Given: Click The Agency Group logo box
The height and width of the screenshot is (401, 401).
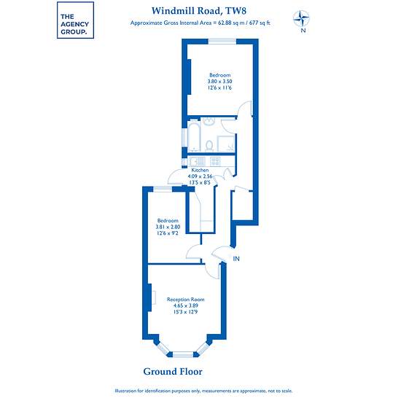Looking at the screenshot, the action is (75, 20).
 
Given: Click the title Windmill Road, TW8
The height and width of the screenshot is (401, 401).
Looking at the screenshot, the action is (199, 11).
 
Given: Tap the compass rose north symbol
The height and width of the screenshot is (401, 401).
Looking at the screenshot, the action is (301, 19).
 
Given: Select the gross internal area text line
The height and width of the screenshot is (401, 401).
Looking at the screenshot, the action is (200, 23).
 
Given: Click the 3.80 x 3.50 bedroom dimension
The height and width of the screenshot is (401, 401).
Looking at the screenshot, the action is (220, 82).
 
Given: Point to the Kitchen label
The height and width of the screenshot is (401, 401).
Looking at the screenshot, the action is (200, 170).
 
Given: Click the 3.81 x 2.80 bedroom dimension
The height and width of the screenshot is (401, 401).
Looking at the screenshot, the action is (168, 227).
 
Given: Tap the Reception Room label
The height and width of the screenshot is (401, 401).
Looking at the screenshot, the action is (186, 299).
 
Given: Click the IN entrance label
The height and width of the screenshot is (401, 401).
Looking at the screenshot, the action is (236, 259).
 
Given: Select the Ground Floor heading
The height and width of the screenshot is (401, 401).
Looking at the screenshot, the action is (173, 372).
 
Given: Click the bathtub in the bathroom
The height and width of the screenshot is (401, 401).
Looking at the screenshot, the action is (194, 136).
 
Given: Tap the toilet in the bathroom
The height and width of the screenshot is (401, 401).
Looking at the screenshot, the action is (209, 145).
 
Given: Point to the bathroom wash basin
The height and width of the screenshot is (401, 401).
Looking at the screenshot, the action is (209, 122).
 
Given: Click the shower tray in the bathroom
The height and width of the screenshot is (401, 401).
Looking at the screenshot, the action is (226, 144).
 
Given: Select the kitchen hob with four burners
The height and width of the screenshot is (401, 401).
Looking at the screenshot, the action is (215, 161).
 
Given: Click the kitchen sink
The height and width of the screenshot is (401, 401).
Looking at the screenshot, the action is (198, 161).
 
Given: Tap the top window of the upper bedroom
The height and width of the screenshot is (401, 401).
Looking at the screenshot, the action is (222, 42).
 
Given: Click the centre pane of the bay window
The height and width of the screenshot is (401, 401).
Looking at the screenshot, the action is (183, 355).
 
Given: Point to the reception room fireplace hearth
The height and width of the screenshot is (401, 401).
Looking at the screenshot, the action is (155, 297).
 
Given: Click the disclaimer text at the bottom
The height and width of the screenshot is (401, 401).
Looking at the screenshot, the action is (204, 391).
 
